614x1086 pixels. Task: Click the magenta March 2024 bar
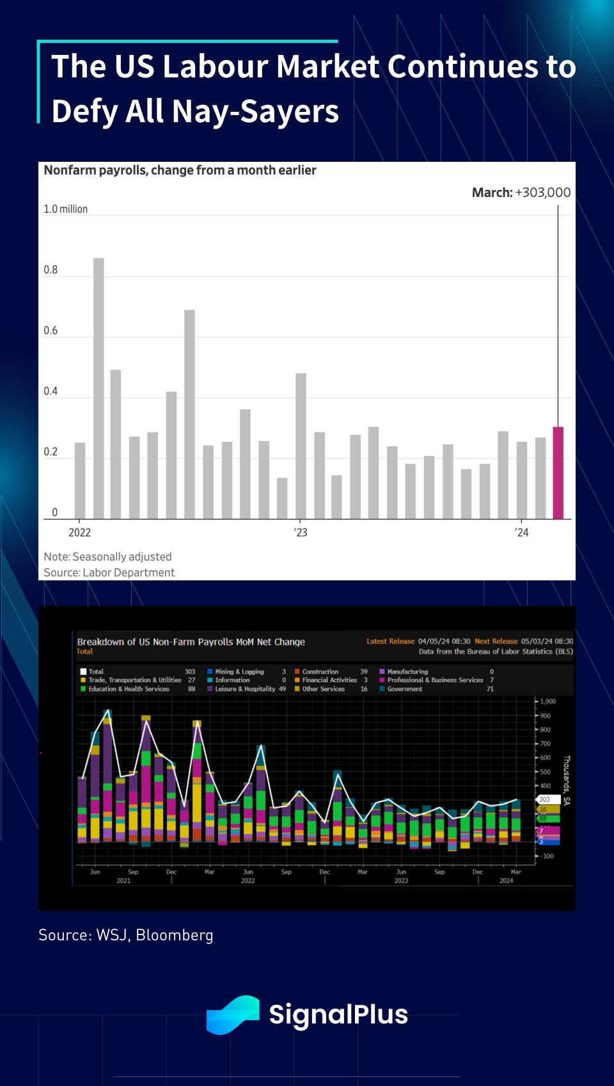(x=558, y=473)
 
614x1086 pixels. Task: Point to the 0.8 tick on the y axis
(x=51, y=270)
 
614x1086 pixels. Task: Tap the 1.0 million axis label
(x=65, y=209)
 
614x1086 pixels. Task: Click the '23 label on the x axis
(x=301, y=532)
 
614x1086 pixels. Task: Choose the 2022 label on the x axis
(x=80, y=532)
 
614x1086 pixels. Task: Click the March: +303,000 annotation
(x=521, y=193)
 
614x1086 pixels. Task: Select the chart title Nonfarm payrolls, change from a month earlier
(x=180, y=170)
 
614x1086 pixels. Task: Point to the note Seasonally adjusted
(x=107, y=556)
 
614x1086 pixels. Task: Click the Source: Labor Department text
(x=109, y=572)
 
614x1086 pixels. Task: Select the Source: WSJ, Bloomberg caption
(x=126, y=935)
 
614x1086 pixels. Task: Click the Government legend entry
(x=404, y=689)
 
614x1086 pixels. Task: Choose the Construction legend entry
(x=320, y=672)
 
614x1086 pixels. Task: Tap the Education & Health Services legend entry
(x=129, y=689)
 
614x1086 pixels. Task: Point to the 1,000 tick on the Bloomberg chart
(x=547, y=702)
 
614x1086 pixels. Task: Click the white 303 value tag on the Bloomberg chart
(x=545, y=799)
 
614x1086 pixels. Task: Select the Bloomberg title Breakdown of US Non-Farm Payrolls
(x=191, y=641)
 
